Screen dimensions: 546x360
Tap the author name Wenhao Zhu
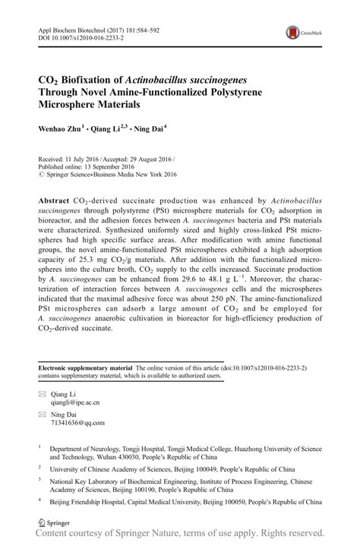(x=60, y=128)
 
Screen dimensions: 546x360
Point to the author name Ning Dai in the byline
(x=150, y=128)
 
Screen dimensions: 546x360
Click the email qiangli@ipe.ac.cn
(x=75, y=403)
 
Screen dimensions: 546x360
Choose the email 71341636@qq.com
(x=77, y=423)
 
